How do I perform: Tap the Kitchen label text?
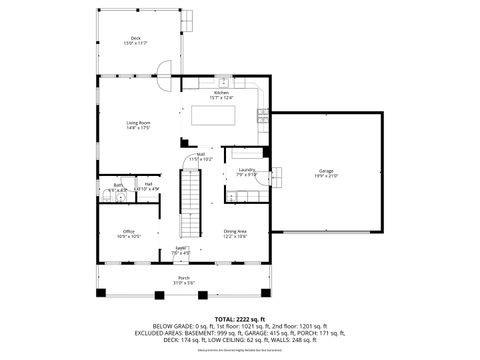pos(221,93)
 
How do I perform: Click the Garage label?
pos(326,171)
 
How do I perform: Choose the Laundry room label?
pos(247,170)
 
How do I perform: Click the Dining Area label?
pos(236,231)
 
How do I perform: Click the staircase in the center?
pos(187,200)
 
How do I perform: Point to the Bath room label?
pos(118,184)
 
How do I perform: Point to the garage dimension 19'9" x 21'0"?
pos(326,176)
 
